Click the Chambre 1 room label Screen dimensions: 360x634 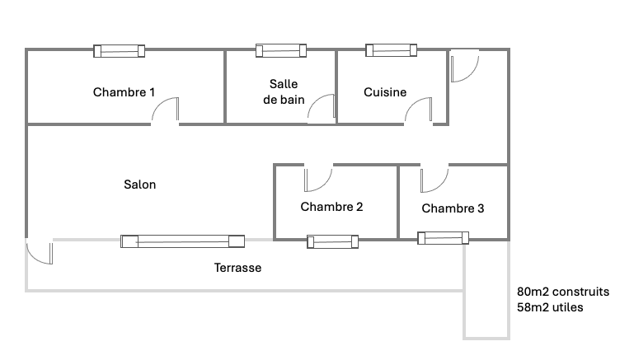click(124, 92)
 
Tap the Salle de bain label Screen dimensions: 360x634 click(284, 91)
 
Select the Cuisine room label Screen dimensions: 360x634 click(385, 92)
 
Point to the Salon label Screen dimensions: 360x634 click(140, 185)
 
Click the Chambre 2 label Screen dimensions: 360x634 click(331, 207)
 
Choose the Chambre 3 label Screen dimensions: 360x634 click(453, 208)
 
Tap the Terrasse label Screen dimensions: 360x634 click(237, 268)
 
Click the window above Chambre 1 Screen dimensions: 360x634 click(119, 51)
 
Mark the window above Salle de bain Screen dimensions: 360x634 click(281, 51)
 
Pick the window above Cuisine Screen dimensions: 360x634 click(392, 51)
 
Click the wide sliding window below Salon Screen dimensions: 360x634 click(183, 241)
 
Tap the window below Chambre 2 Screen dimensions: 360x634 click(332, 241)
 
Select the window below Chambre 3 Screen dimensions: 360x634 click(444, 239)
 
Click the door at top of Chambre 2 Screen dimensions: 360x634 click(317, 177)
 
